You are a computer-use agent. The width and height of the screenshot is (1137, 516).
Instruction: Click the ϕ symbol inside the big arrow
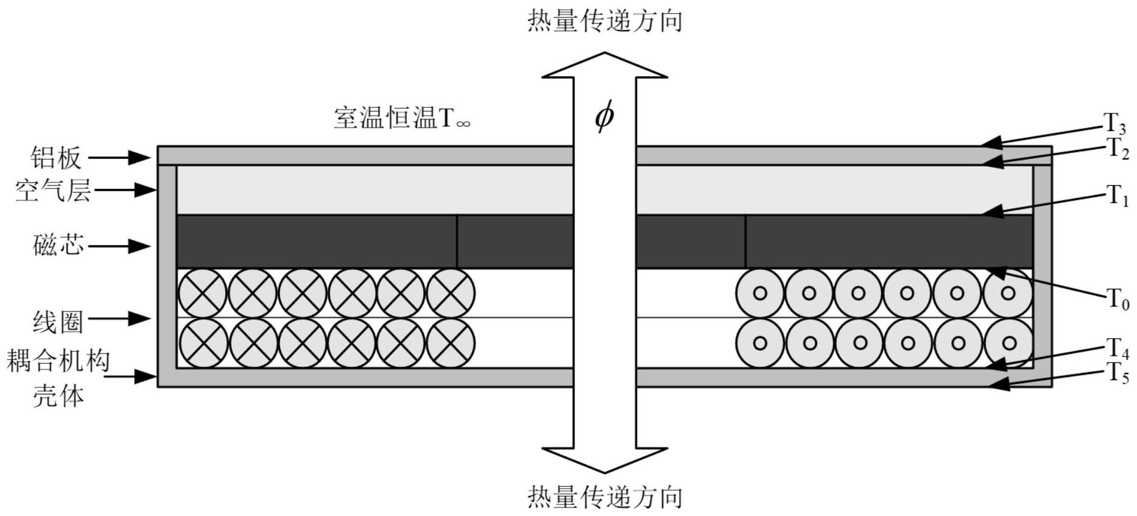click(604, 116)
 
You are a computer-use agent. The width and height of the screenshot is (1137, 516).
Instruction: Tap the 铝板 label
click(56, 158)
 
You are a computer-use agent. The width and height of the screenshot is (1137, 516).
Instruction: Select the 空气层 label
click(53, 191)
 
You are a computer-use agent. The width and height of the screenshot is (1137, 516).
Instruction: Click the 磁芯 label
click(58, 246)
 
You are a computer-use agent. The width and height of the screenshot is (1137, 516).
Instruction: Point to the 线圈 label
click(58, 321)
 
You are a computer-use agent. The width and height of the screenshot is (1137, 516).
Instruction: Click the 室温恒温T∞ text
click(402, 118)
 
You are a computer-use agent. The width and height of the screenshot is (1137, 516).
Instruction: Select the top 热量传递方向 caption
click(604, 21)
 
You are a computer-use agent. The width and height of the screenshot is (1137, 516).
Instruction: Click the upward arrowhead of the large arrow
click(604, 66)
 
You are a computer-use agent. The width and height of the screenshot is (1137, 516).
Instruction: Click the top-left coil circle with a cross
click(202, 293)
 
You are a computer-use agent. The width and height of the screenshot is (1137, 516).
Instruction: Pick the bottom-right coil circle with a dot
click(1009, 343)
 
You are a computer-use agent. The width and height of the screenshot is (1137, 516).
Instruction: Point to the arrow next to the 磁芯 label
click(119, 246)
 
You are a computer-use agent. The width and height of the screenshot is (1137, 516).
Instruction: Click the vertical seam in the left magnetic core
click(457, 241)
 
